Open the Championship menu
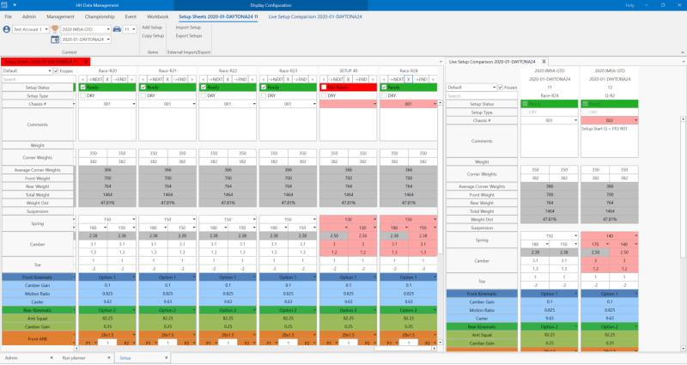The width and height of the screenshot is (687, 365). pos(94,16)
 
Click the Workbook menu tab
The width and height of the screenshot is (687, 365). pos(158,16)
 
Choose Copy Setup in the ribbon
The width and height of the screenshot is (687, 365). pos(153,36)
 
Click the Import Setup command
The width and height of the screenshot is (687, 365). pos(188,27)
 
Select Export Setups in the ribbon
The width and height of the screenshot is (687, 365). pos(188,36)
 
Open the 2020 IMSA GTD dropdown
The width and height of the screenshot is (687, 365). pos(84,29)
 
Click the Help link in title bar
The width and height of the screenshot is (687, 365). pos(629,5)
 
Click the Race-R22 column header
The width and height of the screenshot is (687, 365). pos(228,70)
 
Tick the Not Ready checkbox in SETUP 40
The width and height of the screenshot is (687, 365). pos(323,88)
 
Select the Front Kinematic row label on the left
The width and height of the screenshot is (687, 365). pos(38,277)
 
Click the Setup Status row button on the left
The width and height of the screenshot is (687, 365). pos(38,88)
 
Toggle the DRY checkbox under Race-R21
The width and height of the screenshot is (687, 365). pos(142,96)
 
